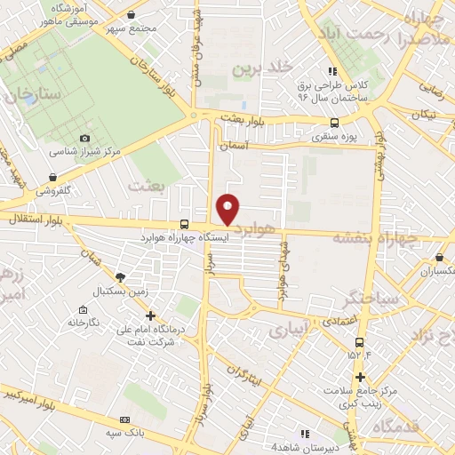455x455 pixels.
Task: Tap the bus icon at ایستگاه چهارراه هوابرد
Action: coord(184,225)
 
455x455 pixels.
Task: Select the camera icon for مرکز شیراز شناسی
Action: coord(84,138)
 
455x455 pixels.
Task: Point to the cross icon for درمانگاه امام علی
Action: coord(150,315)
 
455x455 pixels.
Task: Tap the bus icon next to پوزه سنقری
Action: coord(334,124)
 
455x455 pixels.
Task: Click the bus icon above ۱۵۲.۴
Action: coord(359,341)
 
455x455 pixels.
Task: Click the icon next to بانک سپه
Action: coord(124,419)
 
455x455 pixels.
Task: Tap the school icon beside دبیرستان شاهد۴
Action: coord(305,434)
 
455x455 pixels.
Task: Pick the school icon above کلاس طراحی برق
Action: coord(331,71)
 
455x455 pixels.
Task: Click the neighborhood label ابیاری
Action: coord(288,330)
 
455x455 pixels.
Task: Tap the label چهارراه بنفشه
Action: coord(374,238)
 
